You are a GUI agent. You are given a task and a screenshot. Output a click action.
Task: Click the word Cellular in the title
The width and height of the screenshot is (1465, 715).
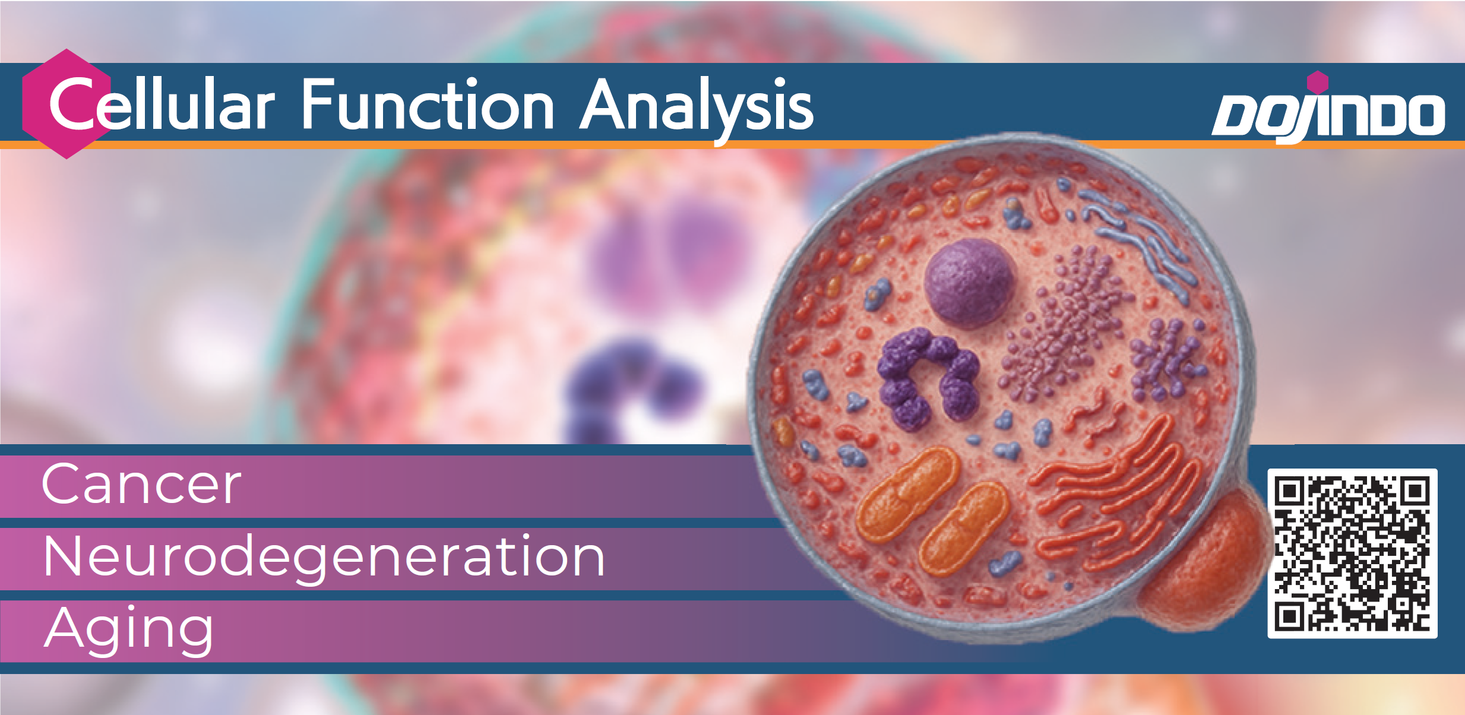pos(162,105)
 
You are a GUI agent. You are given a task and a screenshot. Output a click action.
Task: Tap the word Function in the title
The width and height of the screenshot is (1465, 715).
pos(428,104)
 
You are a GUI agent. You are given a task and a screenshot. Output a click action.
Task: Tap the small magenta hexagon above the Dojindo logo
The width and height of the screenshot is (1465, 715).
pos(1318,82)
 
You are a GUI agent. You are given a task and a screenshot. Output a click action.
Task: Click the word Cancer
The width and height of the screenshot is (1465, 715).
pos(142,485)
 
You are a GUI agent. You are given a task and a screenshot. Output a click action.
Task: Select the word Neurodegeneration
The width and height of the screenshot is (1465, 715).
pos(324,558)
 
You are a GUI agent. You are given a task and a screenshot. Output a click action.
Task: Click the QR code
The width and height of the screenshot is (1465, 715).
pos(1352,553)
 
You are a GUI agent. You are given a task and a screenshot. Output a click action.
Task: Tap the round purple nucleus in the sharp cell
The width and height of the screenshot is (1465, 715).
pos(970,283)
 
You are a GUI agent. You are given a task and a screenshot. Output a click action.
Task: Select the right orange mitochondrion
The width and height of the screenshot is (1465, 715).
pos(964,529)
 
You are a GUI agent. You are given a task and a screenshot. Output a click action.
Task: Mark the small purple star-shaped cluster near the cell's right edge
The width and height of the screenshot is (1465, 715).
pos(1165,359)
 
